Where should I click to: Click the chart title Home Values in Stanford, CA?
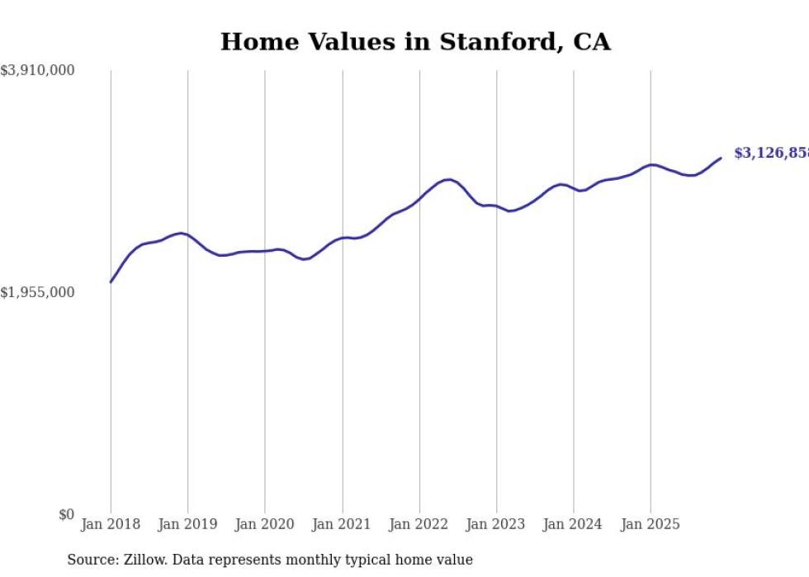pos(415,42)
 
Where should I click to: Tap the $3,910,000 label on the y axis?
pos(37,71)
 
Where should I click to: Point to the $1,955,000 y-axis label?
pos(37,292)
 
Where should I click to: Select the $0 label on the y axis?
pos(66,514)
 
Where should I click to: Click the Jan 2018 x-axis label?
pos(111,524)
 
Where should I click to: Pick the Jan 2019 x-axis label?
pos(187,524)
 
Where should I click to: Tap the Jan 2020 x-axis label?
pos(265,524)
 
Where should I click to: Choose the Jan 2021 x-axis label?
pos(342,524)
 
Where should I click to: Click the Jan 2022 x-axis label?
pos(419,524)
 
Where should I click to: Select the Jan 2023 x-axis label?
pos(496,524)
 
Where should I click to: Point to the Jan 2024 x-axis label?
pos(574,524)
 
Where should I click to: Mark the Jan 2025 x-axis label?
pos(651,524)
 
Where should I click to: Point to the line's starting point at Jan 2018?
pos(111,282)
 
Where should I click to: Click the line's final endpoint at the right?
pos(721,158)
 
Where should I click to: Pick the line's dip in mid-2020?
pos(305,259)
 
